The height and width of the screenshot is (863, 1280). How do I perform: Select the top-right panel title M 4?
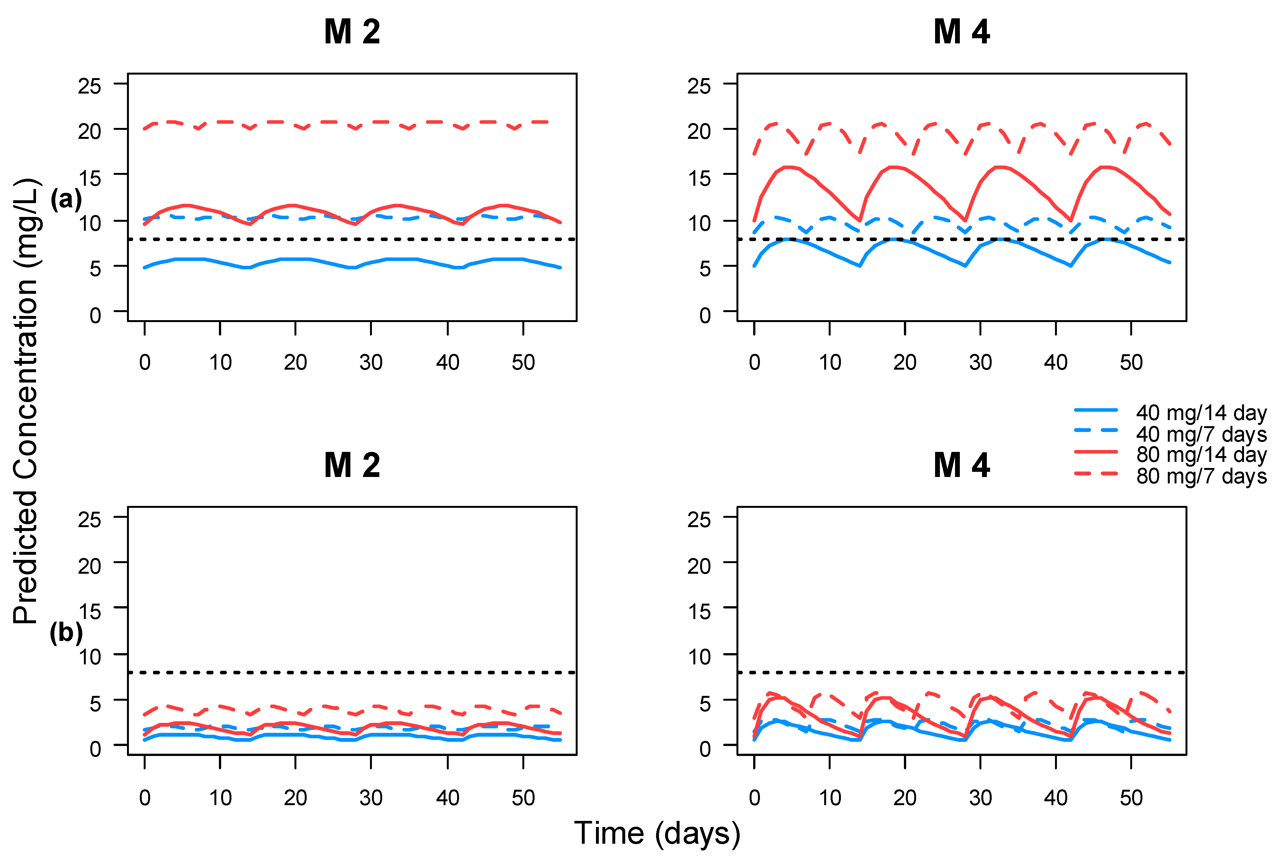click(x=961, y=32)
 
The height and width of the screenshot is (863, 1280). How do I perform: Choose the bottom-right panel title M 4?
click(x=961, y=466)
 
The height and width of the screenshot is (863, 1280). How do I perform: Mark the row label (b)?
click(x=66, y=633)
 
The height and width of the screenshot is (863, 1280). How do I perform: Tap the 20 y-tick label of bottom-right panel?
click(x=699, y=566)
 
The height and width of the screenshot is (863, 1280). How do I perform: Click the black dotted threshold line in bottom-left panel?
click(x=352, y=673)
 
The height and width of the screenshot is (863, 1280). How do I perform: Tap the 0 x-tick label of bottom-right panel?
click(x=754, y=797)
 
